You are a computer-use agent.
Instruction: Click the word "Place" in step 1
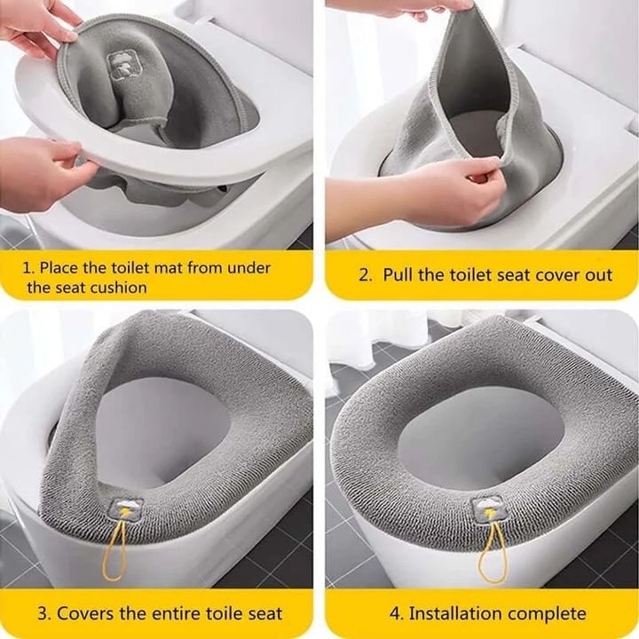coord(59,268)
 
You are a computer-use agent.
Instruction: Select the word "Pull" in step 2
coord(398,274)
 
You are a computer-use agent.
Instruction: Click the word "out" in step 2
coord(599,275)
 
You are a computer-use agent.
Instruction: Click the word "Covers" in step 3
coord(81,613)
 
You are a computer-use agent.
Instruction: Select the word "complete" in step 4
coord(543,614)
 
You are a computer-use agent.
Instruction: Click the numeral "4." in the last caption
coord(397,613)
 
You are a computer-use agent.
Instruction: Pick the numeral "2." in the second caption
coord(366,275)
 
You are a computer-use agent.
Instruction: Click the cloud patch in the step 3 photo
coord(127,510)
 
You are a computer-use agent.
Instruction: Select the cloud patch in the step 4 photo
coord(487,509)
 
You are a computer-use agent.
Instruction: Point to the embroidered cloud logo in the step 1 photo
coord(120,65)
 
